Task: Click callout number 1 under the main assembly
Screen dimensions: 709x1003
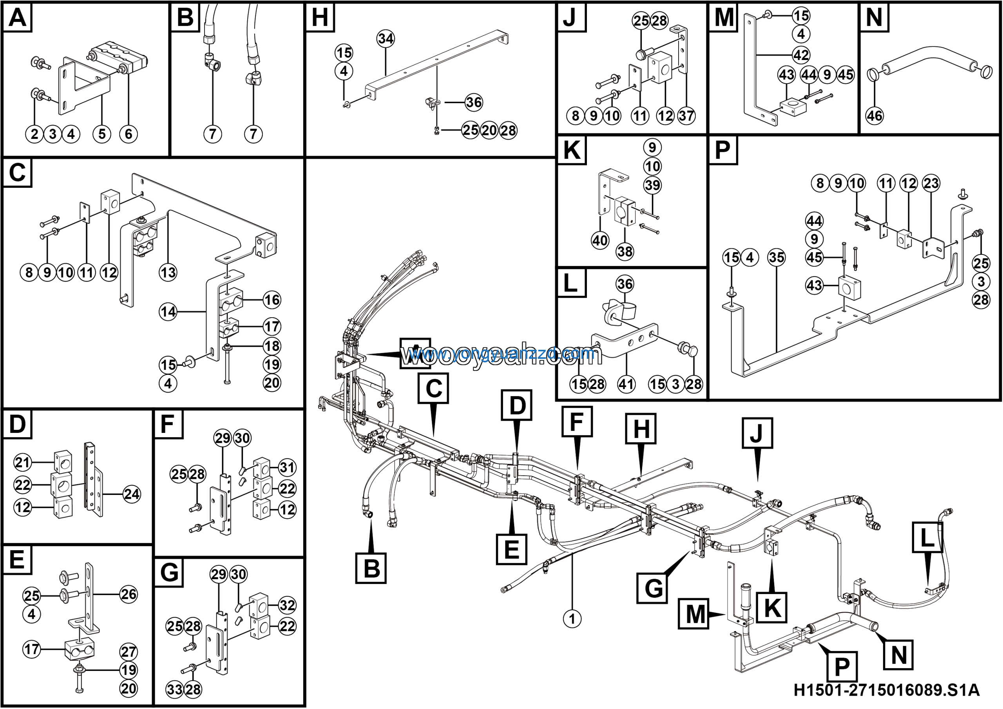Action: pyautogui.click(x=572, y=618)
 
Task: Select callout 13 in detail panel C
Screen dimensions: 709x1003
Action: pyautogui.click(x=168, y=273)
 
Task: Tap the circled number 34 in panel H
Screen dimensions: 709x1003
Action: pyautogui.click(x=385, y=39)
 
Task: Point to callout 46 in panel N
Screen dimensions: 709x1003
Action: pyautogui.click(x=874, y=116)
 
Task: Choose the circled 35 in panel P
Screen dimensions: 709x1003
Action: pyautogui.click(x=776, y=258)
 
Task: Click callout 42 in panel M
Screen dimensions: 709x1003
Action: pyautogui.click(x=801, y=55)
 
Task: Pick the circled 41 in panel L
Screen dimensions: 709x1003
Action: pyautogui.click(x=626, y=384)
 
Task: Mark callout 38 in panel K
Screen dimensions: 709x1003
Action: pyautogui.click(x=625, y=251)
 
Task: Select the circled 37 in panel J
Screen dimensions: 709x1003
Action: pyautogui.click(x=686, y=116)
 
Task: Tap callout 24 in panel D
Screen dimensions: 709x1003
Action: pyautogui.click(x=132, y=494)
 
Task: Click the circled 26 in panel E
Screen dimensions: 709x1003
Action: pyautogui.click(x=129, y=594)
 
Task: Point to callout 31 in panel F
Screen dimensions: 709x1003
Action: pyautogui.click(x=287, y=467)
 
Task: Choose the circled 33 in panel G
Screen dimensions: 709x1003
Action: pyautogui.click(x=174, y=690)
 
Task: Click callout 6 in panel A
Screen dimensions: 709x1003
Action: pyautogui.click(x=129, y=134)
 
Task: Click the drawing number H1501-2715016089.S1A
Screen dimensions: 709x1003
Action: pyautogui.click(x=886, y=690)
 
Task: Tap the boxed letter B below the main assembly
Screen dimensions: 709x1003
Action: pyautogui.click(x=371, y=568)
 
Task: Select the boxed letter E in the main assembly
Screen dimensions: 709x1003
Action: pyautogui.click(x=511, y=549)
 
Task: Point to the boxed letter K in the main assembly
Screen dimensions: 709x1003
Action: pyautogui.click(x=772, y=607)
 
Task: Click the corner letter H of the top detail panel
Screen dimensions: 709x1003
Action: pyautogui.click(x=320, y=18)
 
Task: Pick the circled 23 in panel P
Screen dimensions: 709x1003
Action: pyautogui.click(x=931, y=183)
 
